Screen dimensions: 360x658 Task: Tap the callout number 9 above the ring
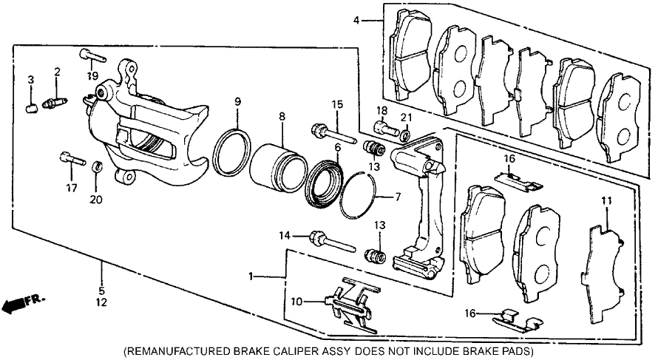click(237, 101)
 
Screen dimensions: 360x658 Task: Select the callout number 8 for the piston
click(282, 117)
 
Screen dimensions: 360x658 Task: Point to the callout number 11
click(606, 201)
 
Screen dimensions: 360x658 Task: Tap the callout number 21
click(406, 117)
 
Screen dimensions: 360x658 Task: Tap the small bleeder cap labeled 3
click(32, 109)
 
